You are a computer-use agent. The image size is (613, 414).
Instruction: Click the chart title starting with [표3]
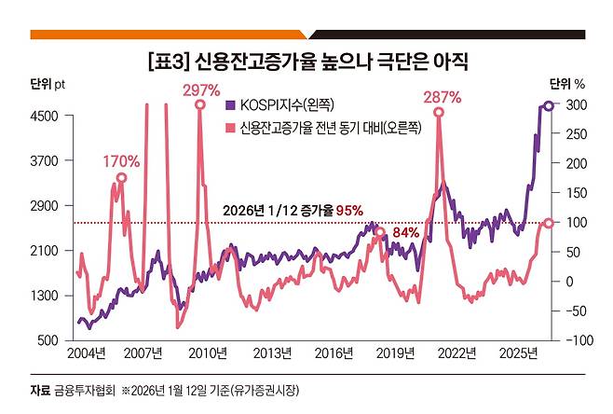tap(306, 62)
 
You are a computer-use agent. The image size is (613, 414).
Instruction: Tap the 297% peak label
tap(201, 90)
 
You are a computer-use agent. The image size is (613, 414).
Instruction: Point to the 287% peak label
tap(440, 97)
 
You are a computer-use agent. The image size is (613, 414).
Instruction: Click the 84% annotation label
tap(405, 232)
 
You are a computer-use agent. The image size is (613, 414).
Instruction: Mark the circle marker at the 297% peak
tap(200, 105)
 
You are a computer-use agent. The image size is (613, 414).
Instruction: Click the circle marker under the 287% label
tap(439, 112)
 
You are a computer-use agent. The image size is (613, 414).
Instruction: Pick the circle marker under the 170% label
tap(121, 177)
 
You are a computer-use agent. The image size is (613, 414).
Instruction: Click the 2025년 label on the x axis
tap(516, 352)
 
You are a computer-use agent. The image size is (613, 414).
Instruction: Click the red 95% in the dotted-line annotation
tap(349, 211)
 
